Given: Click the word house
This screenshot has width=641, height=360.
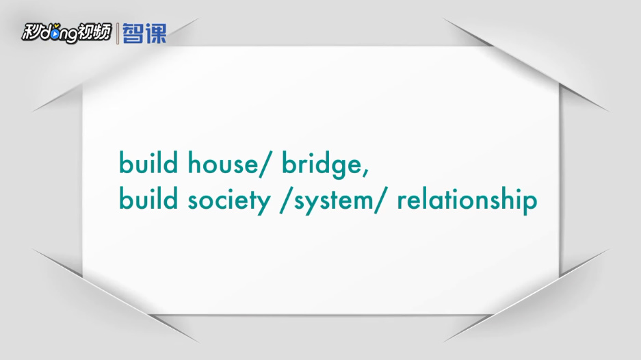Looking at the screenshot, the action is click(x=223, y=163).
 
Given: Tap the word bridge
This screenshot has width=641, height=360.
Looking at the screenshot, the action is click(x=322, y=165).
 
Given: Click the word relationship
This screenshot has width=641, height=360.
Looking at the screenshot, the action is click(x=467, y=200).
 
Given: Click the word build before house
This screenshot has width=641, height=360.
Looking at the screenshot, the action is click(x=148, y=162).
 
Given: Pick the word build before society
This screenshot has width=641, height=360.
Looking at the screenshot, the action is click(x=148, y=198).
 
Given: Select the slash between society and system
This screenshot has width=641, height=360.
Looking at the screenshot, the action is click(x=285, y=201).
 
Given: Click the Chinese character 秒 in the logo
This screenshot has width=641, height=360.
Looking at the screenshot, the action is click(x=30, y=32).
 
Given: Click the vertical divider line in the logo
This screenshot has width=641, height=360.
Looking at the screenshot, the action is click(x=118, y=34).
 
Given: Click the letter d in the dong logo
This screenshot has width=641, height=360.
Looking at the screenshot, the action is click(x=44, y=33).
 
